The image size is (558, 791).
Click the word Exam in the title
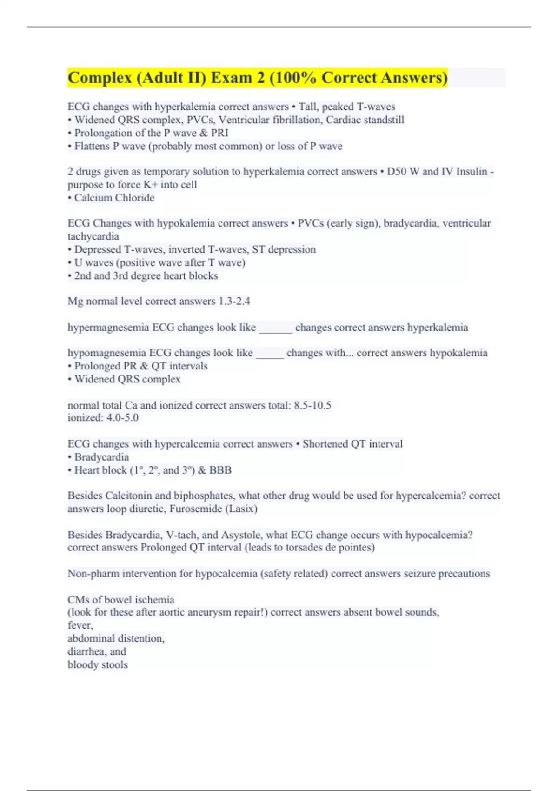(x=231, y=78)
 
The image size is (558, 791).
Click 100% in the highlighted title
(x=293, y=78)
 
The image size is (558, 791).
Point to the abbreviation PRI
(x=219, y=133)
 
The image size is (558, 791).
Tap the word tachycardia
(x=93, y=236)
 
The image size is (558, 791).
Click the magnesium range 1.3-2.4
(x=234, y=301)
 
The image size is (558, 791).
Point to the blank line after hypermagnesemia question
(x=275, y=328)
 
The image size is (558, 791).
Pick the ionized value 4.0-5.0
(x=122, y=417)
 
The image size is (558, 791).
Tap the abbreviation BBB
(x=220, y=470)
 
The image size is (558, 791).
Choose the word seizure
(x=419, y=573)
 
